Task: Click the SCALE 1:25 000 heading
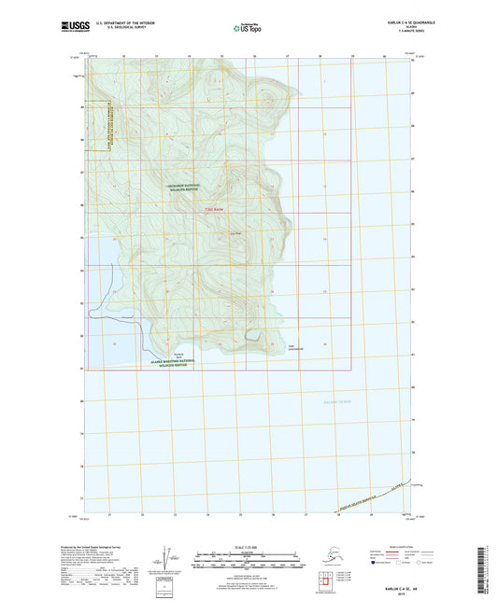(248, 546)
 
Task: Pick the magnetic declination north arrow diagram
(165, 560)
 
